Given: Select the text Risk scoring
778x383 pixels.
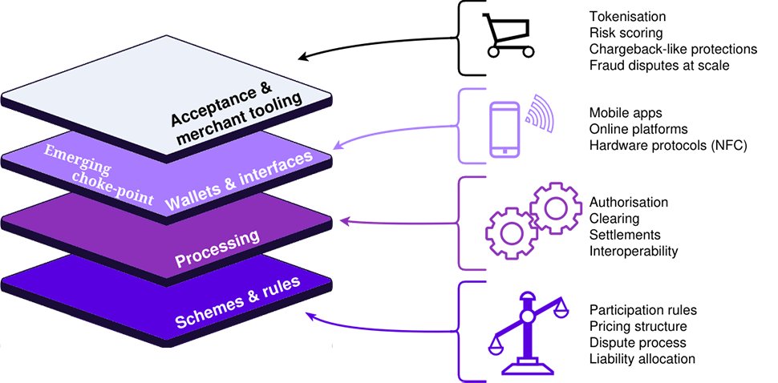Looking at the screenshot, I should [x=626, y=33].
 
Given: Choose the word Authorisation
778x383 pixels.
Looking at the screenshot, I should [x=629, y=202].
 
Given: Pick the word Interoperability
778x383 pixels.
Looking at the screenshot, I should [x=634, y=251].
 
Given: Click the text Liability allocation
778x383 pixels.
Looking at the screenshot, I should [x=642, y=358].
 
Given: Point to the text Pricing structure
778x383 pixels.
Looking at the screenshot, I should [x=638, y=326].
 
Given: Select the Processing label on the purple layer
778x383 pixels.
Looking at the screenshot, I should [x=217, y=248].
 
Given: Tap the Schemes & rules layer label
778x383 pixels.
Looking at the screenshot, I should [x=237, y=302].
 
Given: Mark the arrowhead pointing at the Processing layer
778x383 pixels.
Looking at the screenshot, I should [x=345, y=220].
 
